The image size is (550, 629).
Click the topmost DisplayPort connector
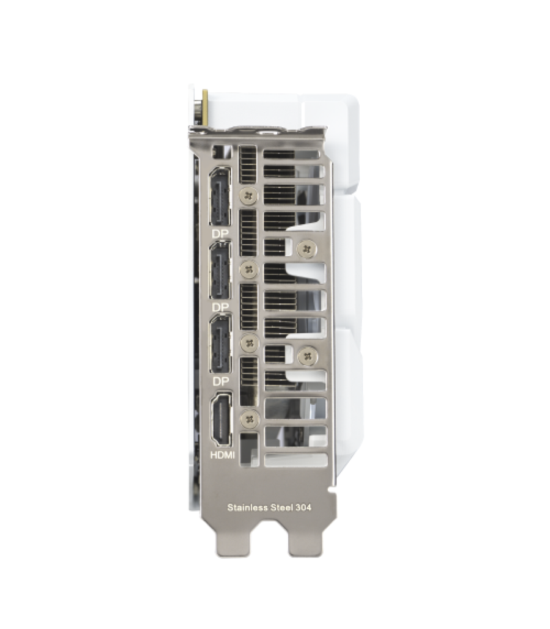[x=220, y=197]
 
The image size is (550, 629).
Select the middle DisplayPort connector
[x=220, y=270]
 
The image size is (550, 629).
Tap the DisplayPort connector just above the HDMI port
[x=220, y=344]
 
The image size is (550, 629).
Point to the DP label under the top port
[x=220, y=234]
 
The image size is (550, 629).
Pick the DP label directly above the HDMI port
[x=220, y=381]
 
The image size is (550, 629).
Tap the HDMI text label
[x=222, y=455]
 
